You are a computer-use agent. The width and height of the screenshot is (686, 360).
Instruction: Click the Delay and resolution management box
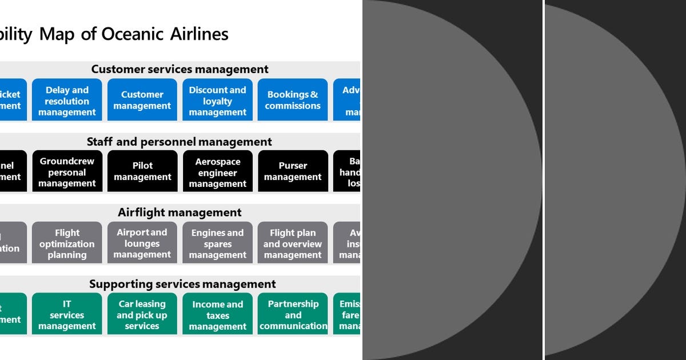pyautogui.click(x=67, y=100)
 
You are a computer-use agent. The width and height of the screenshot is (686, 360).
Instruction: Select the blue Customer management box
pyautogui.click(x=142, y=100)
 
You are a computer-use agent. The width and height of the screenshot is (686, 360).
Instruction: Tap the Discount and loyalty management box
pyautogui.click(x=217, y=100)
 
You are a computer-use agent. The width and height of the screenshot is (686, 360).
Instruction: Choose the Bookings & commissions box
pyautogui.click(x=293, y=100)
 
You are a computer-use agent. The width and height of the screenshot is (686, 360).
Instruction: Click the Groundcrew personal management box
pyautogui.click(x=67, y=171)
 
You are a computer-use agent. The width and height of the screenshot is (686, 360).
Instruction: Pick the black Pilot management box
pyautogui.click(x=142, y=171)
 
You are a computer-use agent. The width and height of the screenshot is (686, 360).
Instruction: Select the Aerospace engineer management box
pyautogui.click(x=217, y=171)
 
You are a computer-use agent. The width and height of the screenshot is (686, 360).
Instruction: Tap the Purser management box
pyautogui.click(x=293, y=171)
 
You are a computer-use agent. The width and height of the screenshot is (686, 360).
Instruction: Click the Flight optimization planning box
pyautogui.click(x=67, y=243)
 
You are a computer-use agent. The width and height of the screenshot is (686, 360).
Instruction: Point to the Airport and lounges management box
pyautogui.click(x=142, y=243)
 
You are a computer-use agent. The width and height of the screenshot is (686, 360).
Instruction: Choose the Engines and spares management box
pyautogui.click(x=217, y=243)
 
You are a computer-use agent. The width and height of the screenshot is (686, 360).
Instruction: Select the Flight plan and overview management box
pyautogui.click(x=293, y=243)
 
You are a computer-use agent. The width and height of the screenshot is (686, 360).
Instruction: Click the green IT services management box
pyautogui.click(x=67, y=314)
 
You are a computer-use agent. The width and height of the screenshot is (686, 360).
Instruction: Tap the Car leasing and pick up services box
pyautogui.click(x=142, y=314)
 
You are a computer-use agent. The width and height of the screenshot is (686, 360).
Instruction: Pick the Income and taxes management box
pyautogui.click(x=217, y=314)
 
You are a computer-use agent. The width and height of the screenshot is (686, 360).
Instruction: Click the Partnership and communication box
pyautogui.click(x=293, y=314)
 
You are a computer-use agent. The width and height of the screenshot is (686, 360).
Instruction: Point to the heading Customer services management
pyautogui.click(x=180, y=69)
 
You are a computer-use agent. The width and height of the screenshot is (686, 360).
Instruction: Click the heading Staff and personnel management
pyautogui.click(x=180, y=141)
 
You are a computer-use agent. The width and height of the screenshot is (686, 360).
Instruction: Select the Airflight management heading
pyautogui.click(x=180, y=213)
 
